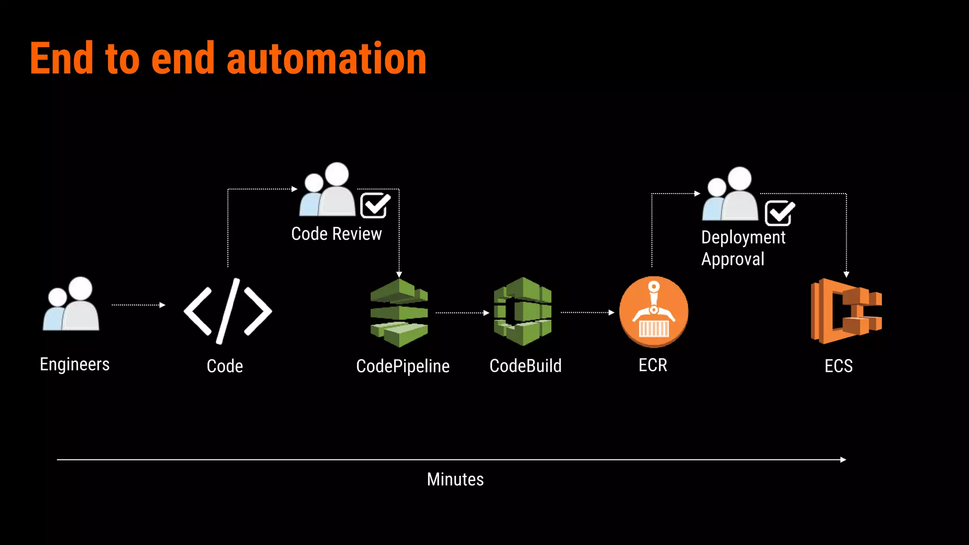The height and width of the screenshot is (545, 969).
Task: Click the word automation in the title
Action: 326,59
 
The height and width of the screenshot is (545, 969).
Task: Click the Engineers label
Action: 75,364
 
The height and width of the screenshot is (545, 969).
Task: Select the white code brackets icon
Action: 228,311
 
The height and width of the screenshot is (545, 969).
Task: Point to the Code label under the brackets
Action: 225,366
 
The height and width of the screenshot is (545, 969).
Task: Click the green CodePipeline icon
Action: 399,313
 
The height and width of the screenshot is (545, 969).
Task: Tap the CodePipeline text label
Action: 403,366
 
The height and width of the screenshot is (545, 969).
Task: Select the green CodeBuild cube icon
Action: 522,312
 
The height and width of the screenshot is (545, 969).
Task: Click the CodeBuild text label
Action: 525,366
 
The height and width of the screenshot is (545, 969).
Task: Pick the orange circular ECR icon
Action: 653,312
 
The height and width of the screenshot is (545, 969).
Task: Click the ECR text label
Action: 652,365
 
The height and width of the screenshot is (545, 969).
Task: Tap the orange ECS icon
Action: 846,311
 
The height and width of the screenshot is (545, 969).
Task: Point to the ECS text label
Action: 838,366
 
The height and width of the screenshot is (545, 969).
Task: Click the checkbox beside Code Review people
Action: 375,205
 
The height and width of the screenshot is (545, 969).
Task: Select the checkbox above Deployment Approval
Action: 779,213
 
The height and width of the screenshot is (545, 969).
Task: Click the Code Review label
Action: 336,234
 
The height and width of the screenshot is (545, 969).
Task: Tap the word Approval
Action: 732,259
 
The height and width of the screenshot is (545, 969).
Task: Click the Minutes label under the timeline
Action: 455,479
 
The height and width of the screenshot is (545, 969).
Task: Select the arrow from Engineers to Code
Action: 138,305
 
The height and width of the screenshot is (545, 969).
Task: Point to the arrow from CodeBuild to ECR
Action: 587,312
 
